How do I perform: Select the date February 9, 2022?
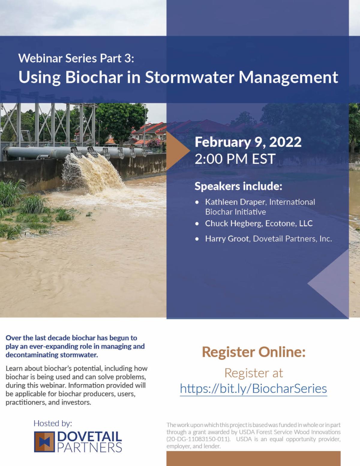point(248,142)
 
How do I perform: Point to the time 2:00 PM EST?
point(235,159)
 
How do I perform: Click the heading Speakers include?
point(238,186)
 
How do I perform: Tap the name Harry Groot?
point(227,239)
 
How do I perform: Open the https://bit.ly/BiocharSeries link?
point(253,389)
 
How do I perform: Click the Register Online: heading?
point(253,352)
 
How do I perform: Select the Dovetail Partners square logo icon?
point(44,442)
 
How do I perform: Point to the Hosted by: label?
point(53,423)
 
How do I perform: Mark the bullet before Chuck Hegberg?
point(197,224)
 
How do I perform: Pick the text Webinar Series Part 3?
point(76,58)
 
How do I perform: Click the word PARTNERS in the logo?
point(89,448)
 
